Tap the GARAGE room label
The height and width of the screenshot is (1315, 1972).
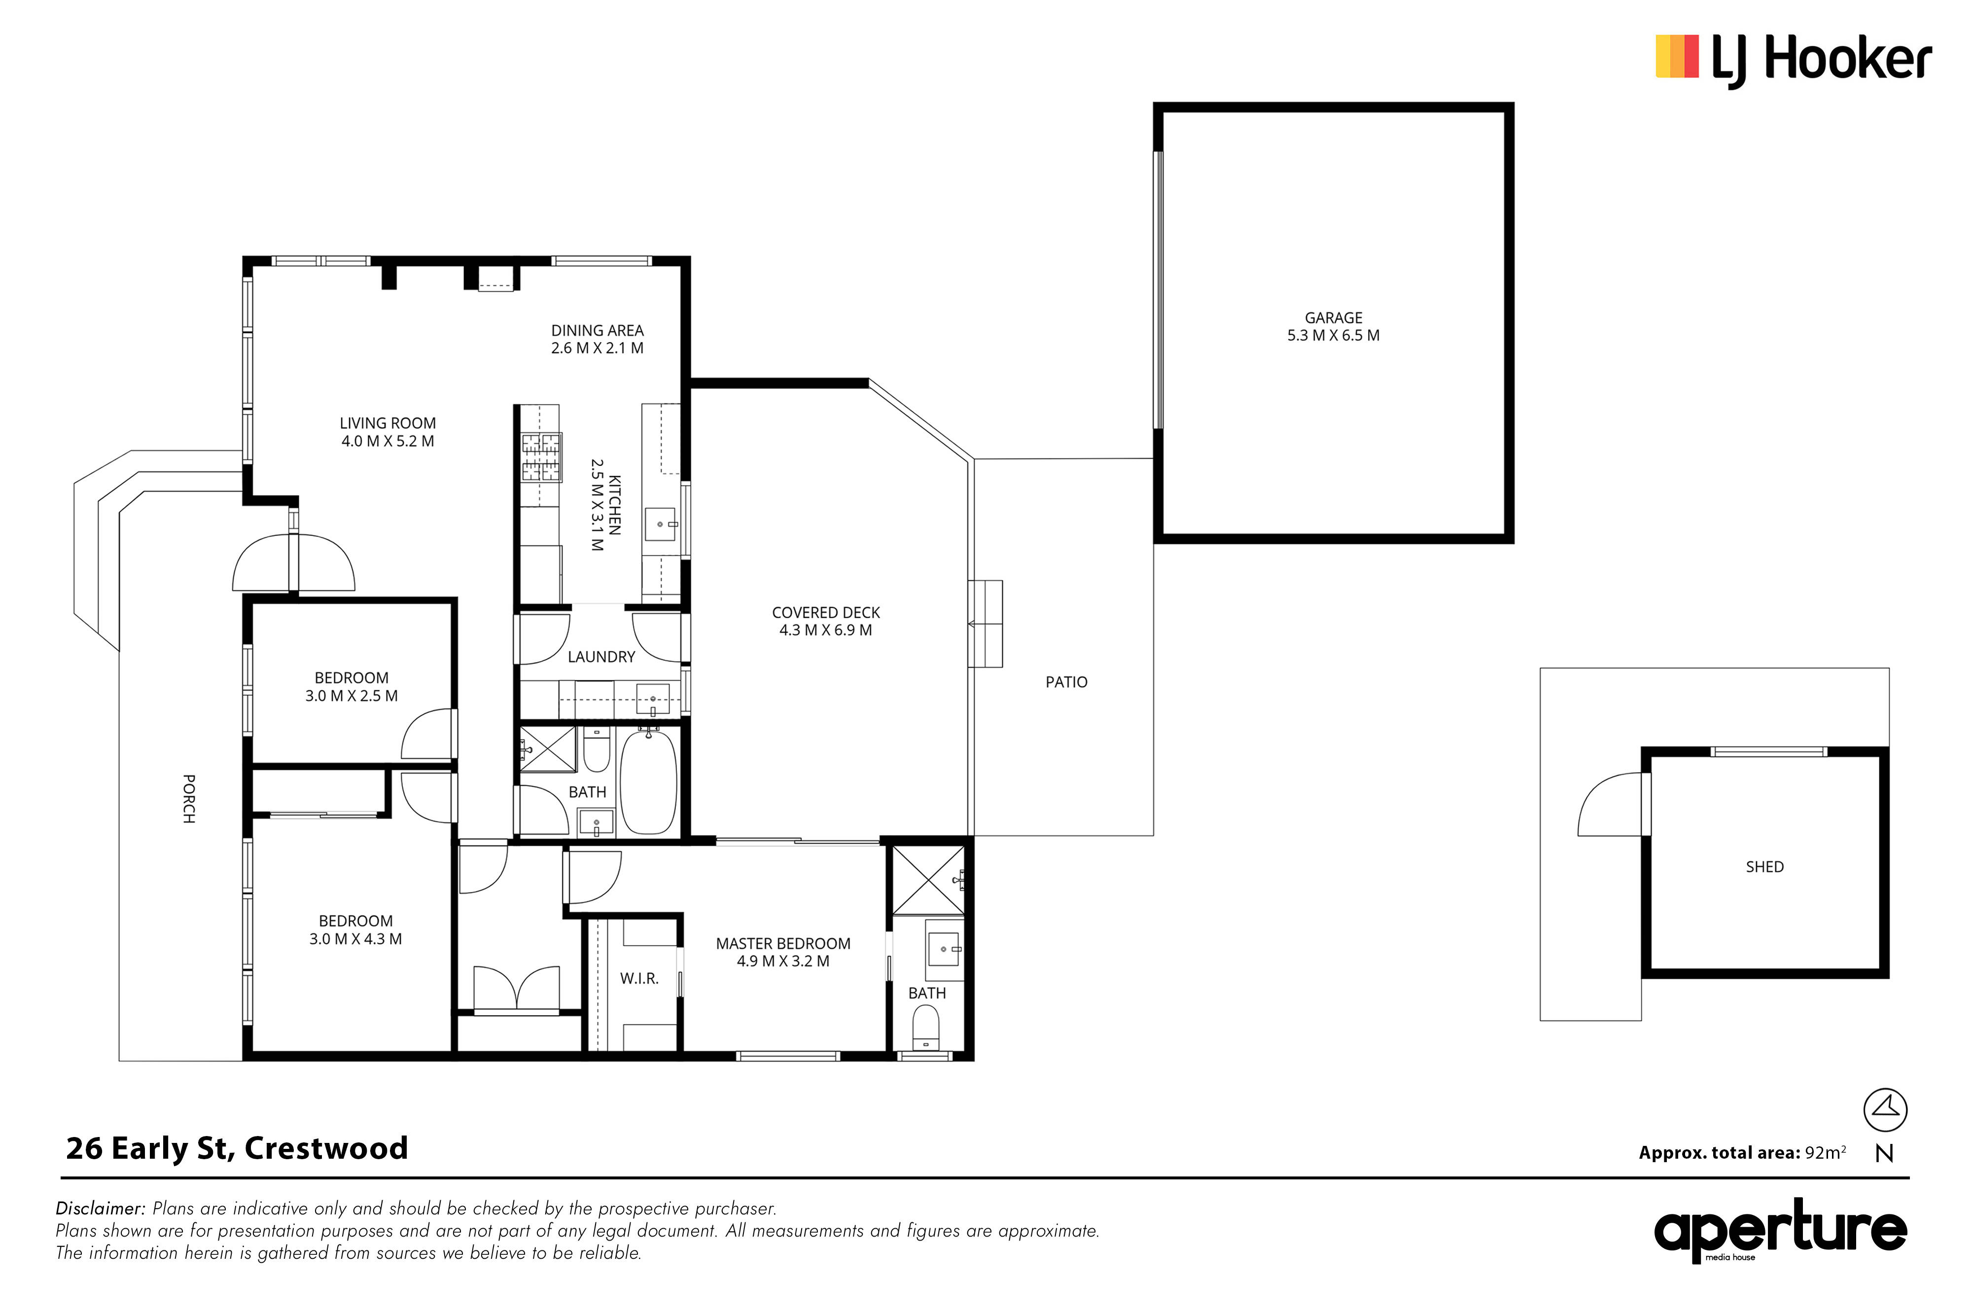click(1333, 318)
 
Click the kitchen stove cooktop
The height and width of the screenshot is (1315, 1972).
click(541, 457)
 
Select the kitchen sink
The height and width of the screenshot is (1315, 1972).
click(661, 524)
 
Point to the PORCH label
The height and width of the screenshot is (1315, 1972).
click(189, 798)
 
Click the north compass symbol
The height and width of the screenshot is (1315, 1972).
click(1885, 1109)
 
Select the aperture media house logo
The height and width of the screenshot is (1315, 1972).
click(1780, 1230)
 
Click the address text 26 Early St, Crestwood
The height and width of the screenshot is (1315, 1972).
click(237, 1148)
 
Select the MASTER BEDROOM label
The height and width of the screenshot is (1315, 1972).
click(783, 944)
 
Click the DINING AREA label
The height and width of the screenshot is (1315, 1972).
click(597, 330)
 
